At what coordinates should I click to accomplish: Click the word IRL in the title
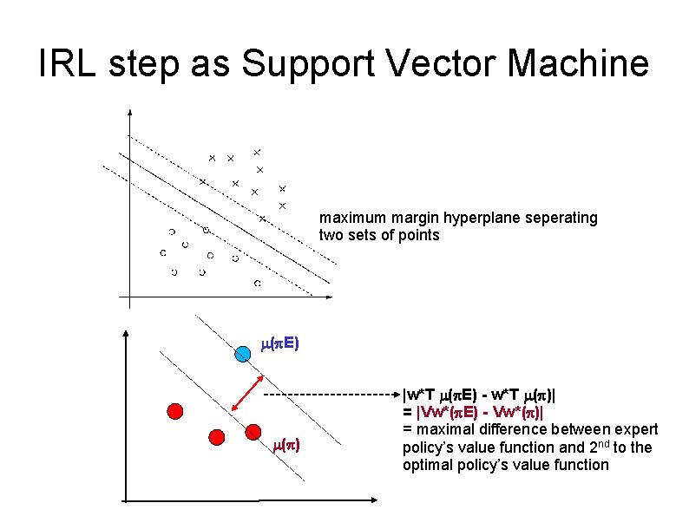point(69,64)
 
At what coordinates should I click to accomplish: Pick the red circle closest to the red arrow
point(253,431)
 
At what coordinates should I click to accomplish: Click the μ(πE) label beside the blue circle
point(279,344)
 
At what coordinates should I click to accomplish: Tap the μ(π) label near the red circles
point(286,447)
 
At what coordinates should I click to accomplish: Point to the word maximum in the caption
point(348,218)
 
